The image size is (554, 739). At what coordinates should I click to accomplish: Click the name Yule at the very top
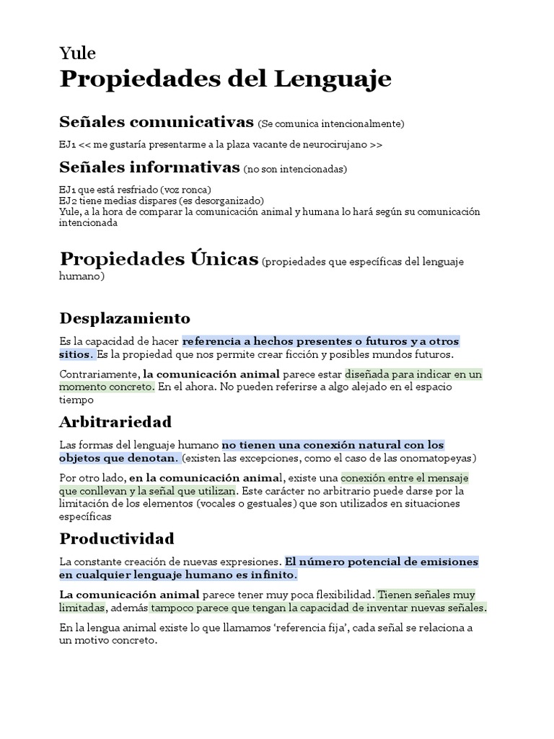point(77,53)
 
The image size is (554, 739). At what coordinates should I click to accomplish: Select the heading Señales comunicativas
point(157,121)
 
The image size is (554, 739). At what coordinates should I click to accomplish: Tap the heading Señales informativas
point(149,168)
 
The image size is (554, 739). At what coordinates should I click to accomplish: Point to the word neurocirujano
point(331,144)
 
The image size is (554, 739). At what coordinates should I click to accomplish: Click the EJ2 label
point(68,200)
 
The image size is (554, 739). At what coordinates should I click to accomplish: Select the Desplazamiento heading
point(125,318)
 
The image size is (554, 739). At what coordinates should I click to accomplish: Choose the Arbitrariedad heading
point(115,421)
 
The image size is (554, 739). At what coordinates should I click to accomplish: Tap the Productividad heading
point(117,539)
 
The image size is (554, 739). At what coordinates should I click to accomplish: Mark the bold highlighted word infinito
point(273,575)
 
